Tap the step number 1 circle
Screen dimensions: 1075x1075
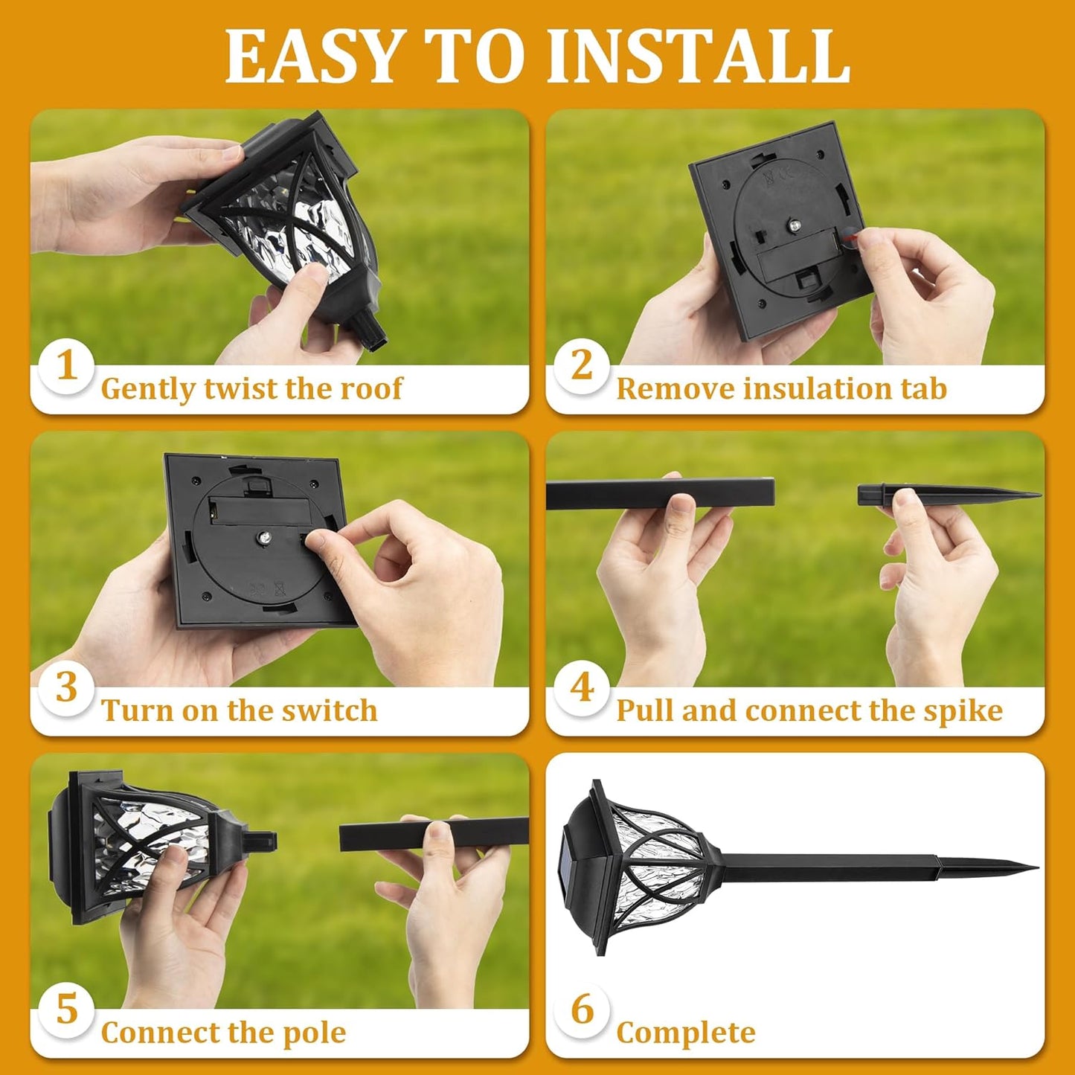[x=67, y=366]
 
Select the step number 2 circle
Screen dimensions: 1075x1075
[x=582, y=366]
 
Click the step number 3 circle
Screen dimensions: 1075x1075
[x=67, y=687]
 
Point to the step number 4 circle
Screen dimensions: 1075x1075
[x=582, y=687]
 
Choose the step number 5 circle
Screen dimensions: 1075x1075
[x=67, y=1010]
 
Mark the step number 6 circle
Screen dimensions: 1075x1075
[x=582, y=1010]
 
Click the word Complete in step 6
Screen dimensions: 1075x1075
[x=685, y=1033]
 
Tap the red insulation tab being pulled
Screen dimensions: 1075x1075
[x=848, y=238]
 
